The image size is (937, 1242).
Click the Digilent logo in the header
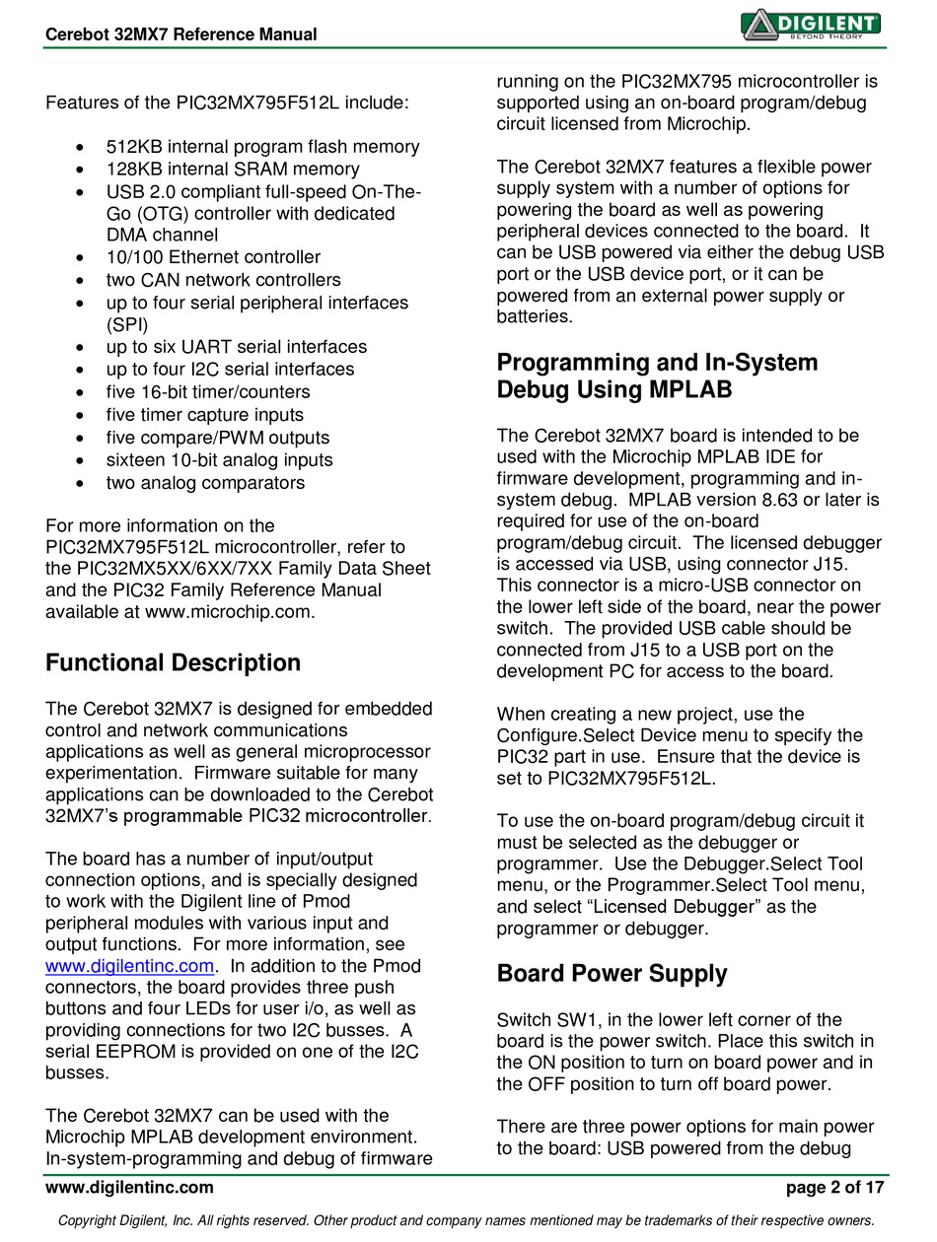[x=810, y=25]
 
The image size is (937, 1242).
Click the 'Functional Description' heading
[x=173, y=663]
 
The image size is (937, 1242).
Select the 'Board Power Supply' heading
[x=612, y=974]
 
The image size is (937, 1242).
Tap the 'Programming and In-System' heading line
[x=657, y=363]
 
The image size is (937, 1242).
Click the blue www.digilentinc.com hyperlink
[x=130, y=966]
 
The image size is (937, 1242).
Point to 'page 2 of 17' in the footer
[x=834, y=1188]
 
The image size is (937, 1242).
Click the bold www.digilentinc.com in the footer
[x=129, y=1188]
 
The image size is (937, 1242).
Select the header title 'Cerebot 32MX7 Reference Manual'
[x=181, y=34]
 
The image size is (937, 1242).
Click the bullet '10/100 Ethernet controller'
[x=213, y=258]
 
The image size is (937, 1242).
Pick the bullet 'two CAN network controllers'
[x=223, y=280]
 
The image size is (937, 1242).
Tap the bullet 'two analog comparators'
[x=205, y=483]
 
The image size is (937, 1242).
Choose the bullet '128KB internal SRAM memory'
[x=233, y=170]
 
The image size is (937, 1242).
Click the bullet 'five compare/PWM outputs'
[x=218, y=438]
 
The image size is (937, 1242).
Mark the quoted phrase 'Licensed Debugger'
[x=676, y=907]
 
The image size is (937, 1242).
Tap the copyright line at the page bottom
[x=467, y=1221]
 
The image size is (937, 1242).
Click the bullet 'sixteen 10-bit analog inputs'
[x=219, y=460]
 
